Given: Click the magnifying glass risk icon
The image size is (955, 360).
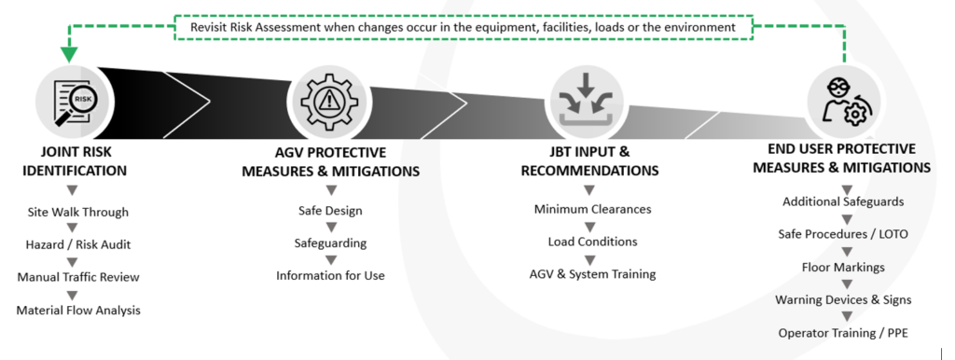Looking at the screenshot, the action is (x=75, y=102).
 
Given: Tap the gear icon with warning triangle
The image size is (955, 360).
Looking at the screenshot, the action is (x=329, y=101).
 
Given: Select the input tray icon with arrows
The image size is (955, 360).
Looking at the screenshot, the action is (x=586, y=103).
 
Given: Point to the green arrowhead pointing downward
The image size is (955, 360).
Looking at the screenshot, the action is (x=69, y=53).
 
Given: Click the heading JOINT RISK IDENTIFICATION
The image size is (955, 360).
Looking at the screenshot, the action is (x=75, y=160).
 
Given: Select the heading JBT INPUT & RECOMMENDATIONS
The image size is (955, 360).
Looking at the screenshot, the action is (x=589, y=160).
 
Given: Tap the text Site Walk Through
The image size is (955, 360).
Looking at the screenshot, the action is (x=78, y=213).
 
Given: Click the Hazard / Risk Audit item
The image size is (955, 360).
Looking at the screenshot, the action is (x=78, y=245).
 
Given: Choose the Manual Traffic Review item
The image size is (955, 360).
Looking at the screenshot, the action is (x=78, y=277).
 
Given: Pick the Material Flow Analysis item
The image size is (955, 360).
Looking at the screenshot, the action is (x=78, y=310).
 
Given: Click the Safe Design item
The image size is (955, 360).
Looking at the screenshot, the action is (x=330, y=211).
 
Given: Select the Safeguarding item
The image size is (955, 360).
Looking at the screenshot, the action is (x=330, y=243).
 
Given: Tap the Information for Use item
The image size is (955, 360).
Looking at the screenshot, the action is (x=330, y=275).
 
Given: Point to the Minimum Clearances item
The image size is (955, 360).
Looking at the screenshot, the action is (x=592, y=209).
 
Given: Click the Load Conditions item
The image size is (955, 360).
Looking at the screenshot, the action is (x=592, y=242).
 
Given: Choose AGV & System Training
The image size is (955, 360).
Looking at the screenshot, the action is (x=592, y=273).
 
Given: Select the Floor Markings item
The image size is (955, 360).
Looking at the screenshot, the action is (x=843, y=268).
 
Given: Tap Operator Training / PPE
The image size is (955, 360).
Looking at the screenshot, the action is (x=843, y=333).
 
